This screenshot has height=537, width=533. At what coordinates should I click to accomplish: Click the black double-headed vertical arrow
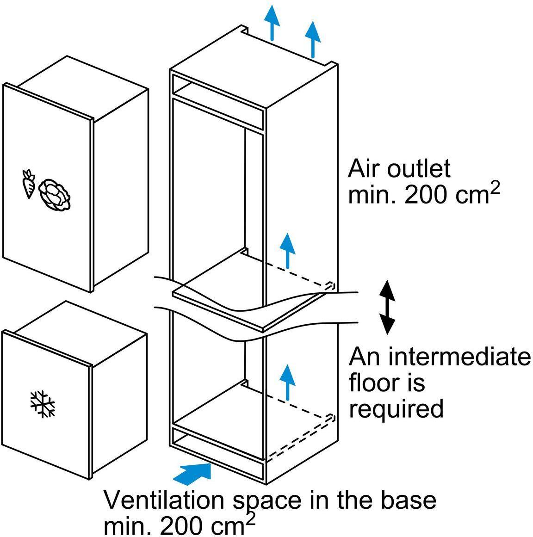coord(387,307)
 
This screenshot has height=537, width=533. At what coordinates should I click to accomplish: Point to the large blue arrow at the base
coord(193,473)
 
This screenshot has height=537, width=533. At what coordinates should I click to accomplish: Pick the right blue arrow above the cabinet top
coord(313,38)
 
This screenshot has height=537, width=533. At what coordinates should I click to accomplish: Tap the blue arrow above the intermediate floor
coord(288,250)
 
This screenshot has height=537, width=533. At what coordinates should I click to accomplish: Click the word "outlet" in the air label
coord(418,169)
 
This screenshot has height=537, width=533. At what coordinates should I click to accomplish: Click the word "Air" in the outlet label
coord(366,169)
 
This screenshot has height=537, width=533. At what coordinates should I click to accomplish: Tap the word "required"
coord(396,409)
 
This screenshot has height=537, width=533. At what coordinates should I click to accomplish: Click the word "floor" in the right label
coord(373,383)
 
